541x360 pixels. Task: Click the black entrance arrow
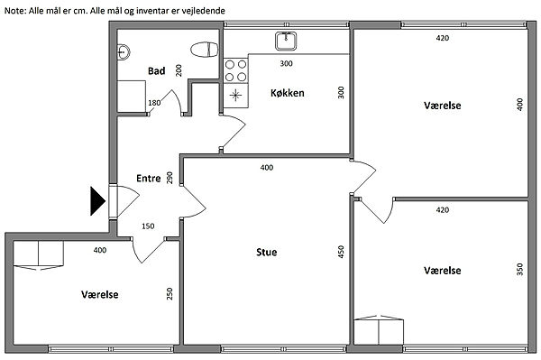pyautogui.click(x=97, y=201)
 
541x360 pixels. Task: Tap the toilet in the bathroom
pyautogui.click(x=205, y=50)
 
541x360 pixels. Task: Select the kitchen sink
pyautogui.click(x=286, y=42)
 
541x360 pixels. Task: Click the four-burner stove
pyautogui.click(x=236, y=70)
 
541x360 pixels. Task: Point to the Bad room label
pyautogui.click(x=156, y=71)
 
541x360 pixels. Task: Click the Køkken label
pyautogui.click(x=288, y=93)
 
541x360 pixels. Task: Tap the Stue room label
pyautogui.click(x=266, y=253)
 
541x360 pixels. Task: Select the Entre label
pyautogui.click(x=149, y=178)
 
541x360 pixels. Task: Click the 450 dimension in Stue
pyautogui.click(x=341, y=252)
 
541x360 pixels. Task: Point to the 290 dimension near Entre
pyautogui.click(x=170, y=178)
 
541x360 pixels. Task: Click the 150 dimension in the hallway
pyautogui.click(x=148, y=226)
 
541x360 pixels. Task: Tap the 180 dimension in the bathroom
pyautogui.click(x=154, y=103)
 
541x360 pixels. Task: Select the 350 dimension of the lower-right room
pyautogui.click(x=520, y=269)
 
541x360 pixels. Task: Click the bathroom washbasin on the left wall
pyautogui.click(x=124, y=52)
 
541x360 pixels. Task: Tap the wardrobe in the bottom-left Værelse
pyautogui.click(x=38, y=255)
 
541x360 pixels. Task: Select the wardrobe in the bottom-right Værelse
pyautogui.click(x=379, y=329)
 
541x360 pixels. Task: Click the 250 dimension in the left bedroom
pyautogui.click(x=170, y=294)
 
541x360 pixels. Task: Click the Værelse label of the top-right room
pyautogui.click(x=443, y=106)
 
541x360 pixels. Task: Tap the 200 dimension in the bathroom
pyautogui.click(x=179, y=70)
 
